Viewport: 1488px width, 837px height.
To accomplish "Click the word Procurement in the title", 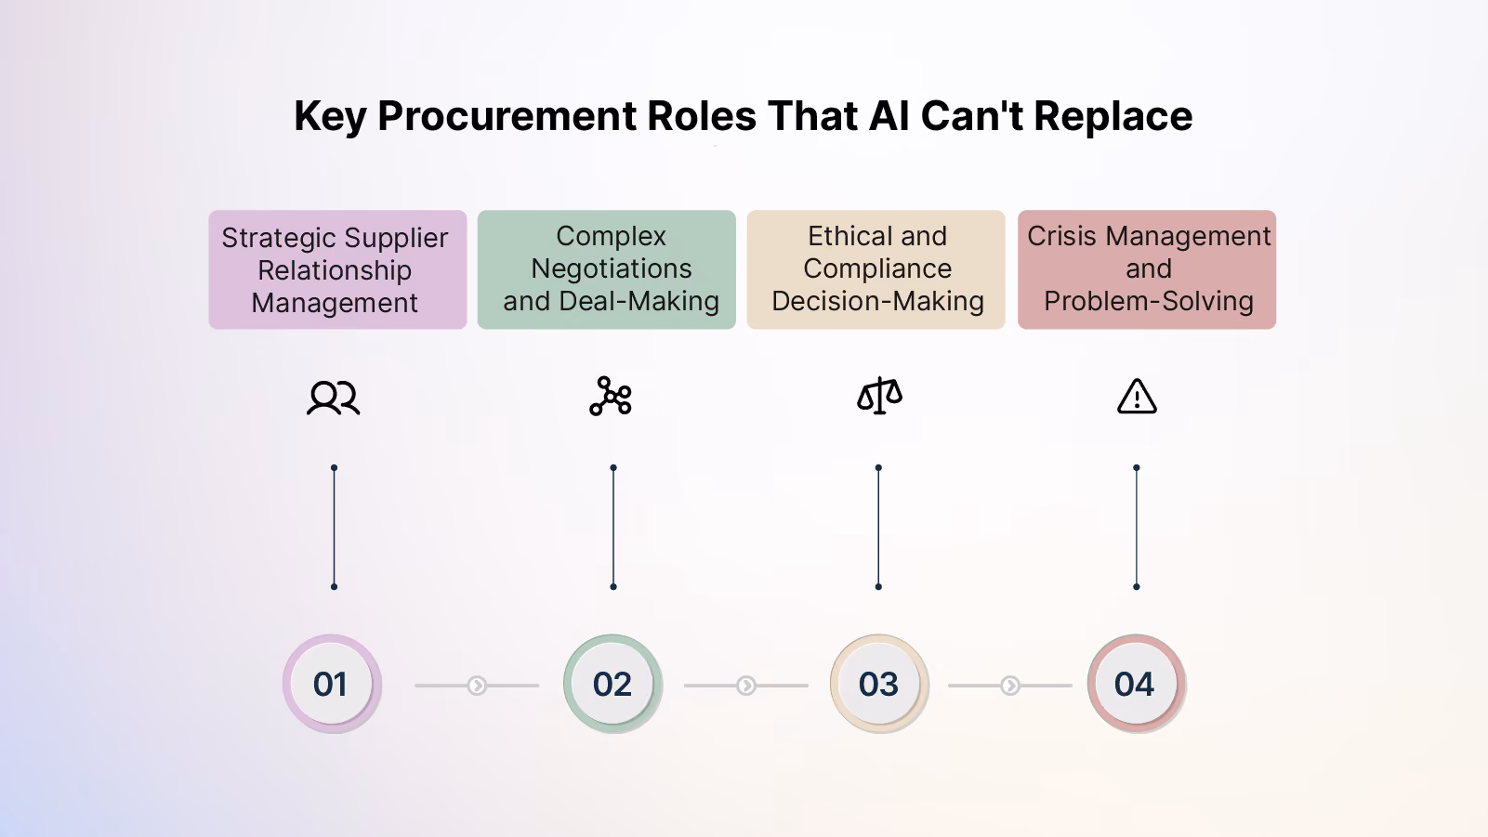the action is (507, 116).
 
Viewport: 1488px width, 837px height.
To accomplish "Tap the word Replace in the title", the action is (1113, 116).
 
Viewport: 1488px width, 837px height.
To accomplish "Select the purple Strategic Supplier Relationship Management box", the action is (337, 269).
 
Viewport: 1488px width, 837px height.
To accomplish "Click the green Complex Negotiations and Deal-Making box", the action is (607, 269).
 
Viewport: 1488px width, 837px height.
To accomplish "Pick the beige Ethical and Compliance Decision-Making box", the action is (876, 269).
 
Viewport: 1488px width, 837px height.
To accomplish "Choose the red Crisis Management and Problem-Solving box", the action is (1147, 269).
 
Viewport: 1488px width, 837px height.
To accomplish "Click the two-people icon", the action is (334, 398).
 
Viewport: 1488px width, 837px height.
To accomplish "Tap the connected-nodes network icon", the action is (611, 397).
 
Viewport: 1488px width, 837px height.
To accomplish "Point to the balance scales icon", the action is (879, 396).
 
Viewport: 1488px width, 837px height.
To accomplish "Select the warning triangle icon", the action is (1137, 397).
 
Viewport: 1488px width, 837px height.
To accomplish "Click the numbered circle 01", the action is (332, 684).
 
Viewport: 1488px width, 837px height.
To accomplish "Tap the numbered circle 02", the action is (612, 684).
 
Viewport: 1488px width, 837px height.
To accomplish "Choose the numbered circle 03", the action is (879, 684).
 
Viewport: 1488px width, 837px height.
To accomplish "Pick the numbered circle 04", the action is (1136, 684).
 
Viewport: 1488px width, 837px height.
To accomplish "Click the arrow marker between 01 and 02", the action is (477, 685).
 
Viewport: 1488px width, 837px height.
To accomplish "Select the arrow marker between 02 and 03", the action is (746, 685).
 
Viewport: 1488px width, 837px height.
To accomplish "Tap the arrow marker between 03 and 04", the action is (1009, 685).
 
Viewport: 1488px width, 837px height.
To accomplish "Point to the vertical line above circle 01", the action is (335, 527).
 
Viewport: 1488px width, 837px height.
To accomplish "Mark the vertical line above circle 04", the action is (1137, 527).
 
